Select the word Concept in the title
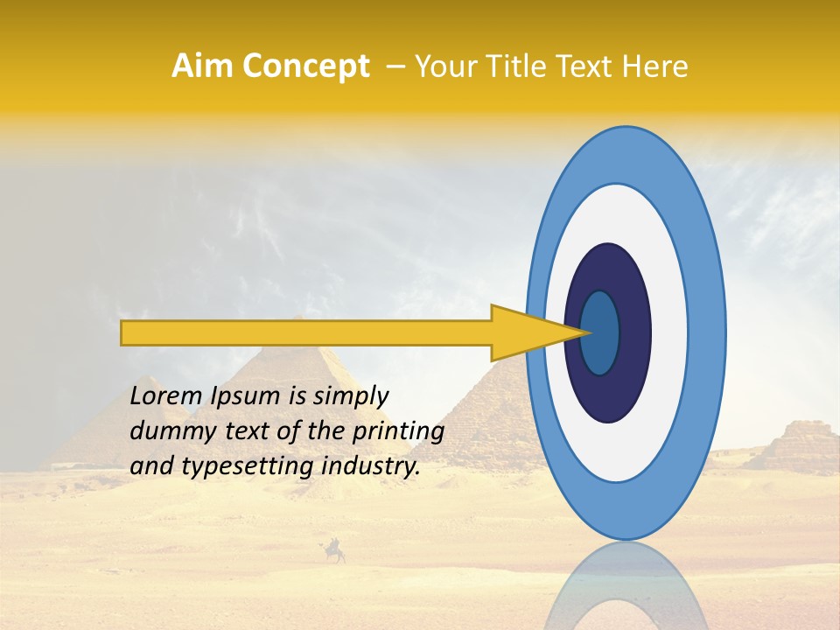tap(304, 66)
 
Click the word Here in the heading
tap(655, 66)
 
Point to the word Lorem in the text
tap(167, 395)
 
